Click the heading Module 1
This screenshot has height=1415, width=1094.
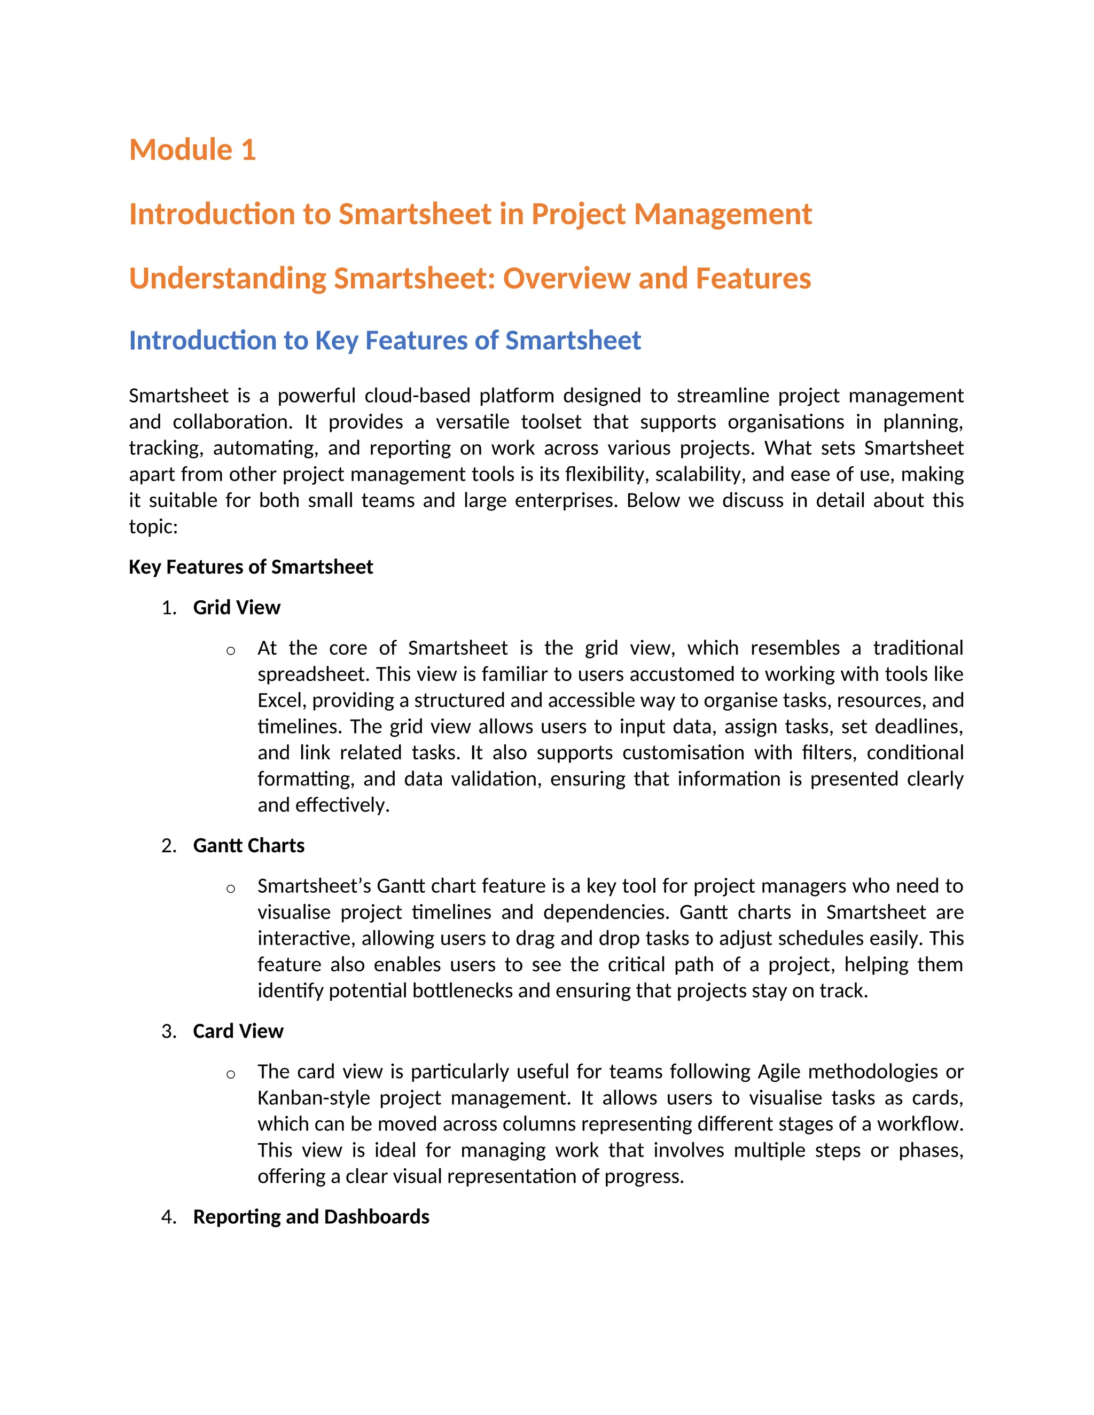(x=192, y=151)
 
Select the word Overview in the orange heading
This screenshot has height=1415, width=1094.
(x=566, y=279)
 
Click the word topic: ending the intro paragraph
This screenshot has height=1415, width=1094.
(x=153, y=526)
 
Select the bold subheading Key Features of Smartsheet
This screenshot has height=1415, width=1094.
(x=251, y=568)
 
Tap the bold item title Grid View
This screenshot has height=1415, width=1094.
(x=237, y=608)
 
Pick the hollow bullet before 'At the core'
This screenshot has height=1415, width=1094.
(x=231, y=650)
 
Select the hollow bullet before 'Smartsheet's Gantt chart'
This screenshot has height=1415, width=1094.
(x=231, y=889)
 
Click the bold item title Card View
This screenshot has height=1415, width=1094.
(x=238, y=1032)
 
